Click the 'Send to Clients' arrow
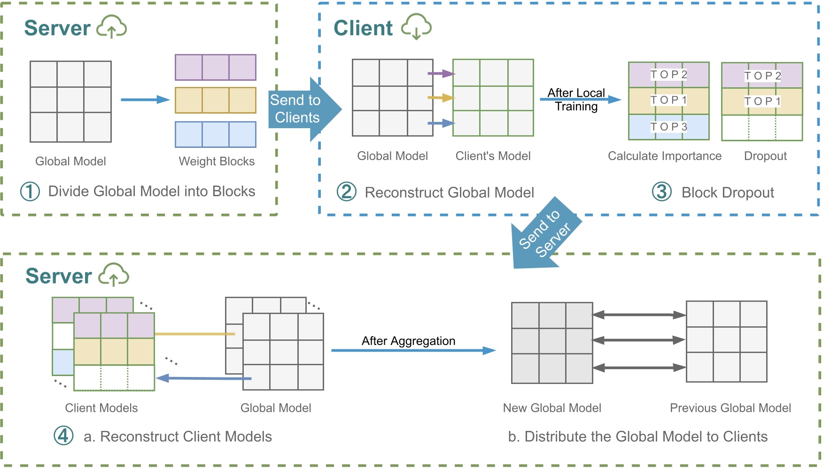(301, 109)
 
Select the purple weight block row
(216, 68)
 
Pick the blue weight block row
(216, 135)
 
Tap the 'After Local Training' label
(576, 100)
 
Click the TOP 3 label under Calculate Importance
(668, 127)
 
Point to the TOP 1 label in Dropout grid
(762, 101)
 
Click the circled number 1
(30, 192)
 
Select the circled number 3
(662, 192)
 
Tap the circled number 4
(63, 436)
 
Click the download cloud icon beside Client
(416, 26)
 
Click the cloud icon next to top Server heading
(111, 26)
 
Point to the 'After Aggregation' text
(408, 341)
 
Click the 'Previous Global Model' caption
(730, 408)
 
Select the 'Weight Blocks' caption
(217, 161)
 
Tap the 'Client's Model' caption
(493, 156)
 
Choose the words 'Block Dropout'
(728, 192)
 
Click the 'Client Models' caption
(101, 408)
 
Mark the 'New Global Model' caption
(552, 408)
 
